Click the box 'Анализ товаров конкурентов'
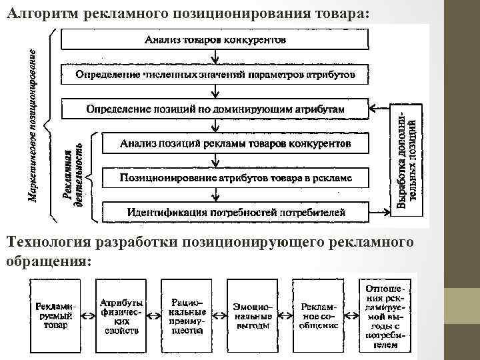215,39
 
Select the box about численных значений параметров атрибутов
215,73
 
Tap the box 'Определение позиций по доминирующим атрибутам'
215,108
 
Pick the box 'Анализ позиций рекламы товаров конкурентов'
235,143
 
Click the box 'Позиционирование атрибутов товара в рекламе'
235,177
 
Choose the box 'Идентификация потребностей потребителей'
235,213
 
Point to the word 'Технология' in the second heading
48,241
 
